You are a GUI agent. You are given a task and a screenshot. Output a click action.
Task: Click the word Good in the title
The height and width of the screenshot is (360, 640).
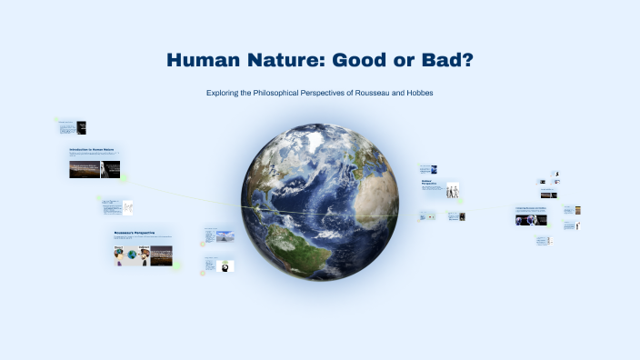[x=369, y=60]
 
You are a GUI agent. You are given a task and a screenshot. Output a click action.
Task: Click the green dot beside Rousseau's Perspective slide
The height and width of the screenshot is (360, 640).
[x=177, y=265]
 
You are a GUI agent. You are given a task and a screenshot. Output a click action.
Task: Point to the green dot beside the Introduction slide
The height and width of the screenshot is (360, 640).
[x=124, y=177]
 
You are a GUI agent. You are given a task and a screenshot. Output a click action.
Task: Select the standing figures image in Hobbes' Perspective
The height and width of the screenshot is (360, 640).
[x=452, y=189]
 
